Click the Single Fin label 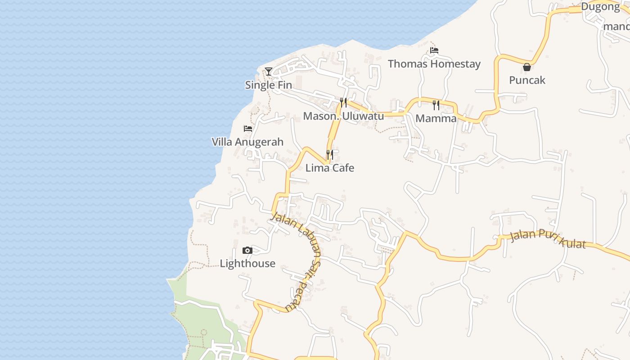click(x=268, y=85)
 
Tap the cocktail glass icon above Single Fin click(x=269, y=71)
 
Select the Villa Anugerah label click(x=247, y=142)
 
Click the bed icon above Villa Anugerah click(x=247, y=129)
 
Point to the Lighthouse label click(x=247, y=264)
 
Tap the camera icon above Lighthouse click(x=247, y=251)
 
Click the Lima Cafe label click(x=330, y=168)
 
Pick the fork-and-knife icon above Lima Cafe click(x=330, y=155)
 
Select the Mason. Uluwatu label click(x=343, y=116)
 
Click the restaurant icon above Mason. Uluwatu click(x=343, y=103)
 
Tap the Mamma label click(x=436, y=119)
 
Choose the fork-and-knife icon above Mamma click(x=436, y=105)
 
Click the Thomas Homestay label click(x=434, y=64)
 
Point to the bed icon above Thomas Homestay click(x=434, y=50)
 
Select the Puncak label click(x=527, y=81)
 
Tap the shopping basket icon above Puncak click(x=527, y=67)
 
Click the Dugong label click(x=600, y=7)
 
